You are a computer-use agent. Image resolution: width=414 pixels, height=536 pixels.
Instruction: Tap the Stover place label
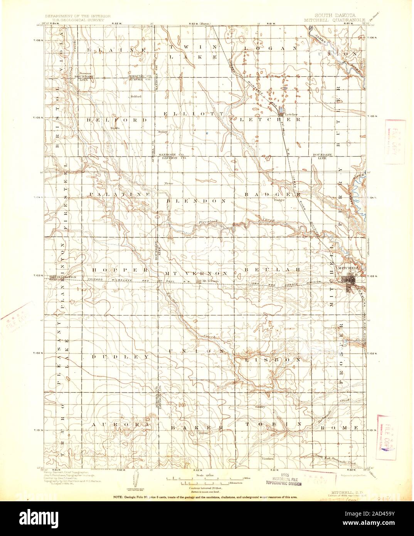(203, 433)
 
